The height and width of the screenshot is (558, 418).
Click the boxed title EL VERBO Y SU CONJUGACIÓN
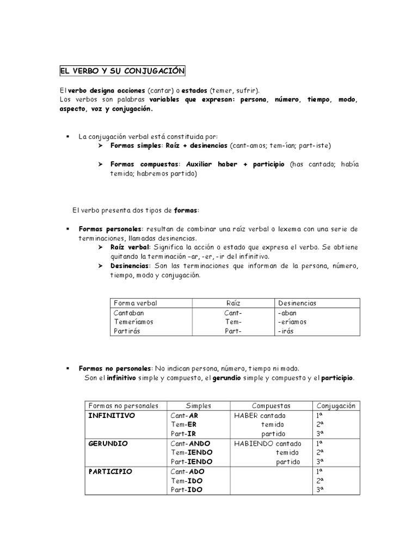122,71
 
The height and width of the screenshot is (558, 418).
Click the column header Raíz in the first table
233,303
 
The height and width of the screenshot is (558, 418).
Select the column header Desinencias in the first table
297,303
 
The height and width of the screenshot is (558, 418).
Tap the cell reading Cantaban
130,313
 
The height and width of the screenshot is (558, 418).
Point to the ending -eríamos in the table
292,322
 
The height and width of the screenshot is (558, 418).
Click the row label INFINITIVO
112,415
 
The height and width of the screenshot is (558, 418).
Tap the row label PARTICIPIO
110,471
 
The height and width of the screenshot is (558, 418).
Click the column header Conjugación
335,406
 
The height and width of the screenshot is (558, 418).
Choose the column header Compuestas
271,406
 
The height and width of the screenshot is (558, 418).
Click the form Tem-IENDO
191,452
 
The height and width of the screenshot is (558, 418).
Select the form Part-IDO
186,490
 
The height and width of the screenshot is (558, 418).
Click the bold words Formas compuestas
144,164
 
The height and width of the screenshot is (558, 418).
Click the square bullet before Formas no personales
67,368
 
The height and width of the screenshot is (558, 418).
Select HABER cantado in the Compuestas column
259,415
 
